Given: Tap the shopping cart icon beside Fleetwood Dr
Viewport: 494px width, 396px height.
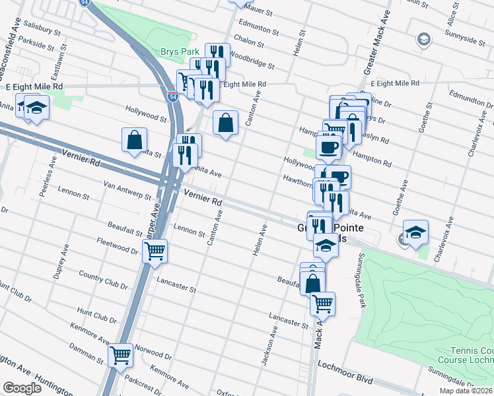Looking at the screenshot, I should (x=155, y=251).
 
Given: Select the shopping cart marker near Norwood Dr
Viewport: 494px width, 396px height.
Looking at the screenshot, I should (x=121, y=355).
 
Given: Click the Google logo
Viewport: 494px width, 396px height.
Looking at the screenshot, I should (x=22, y=388).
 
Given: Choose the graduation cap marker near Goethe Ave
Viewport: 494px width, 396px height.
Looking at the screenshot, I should (x=415, y=232).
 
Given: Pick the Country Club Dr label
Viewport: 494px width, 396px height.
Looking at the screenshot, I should (x=102, y=279).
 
